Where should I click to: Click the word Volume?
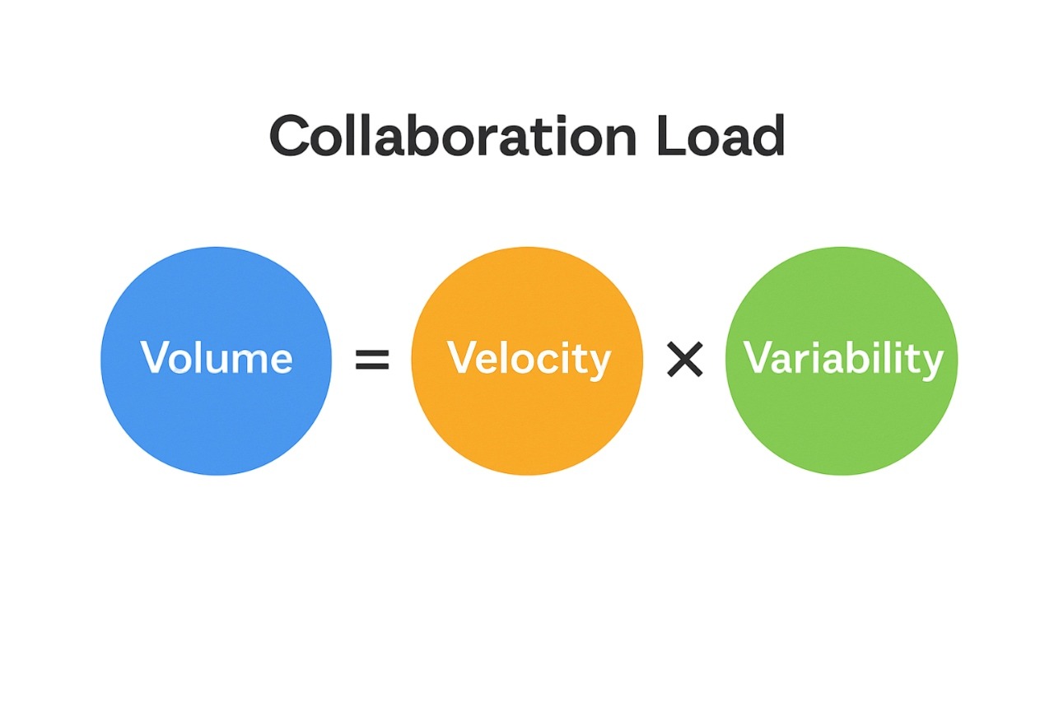tap(216, 358)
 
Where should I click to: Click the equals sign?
tap(371, 360)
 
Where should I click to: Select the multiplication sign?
tap(684, 360)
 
